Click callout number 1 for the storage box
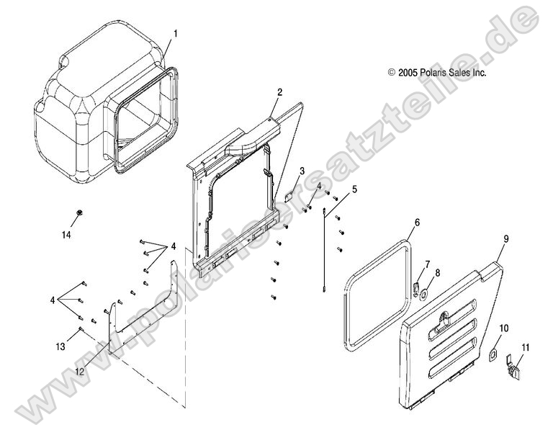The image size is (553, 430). [176, 33]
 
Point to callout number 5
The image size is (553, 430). [354, 189]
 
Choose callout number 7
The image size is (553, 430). [427, 264]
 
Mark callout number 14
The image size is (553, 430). [66, 235]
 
